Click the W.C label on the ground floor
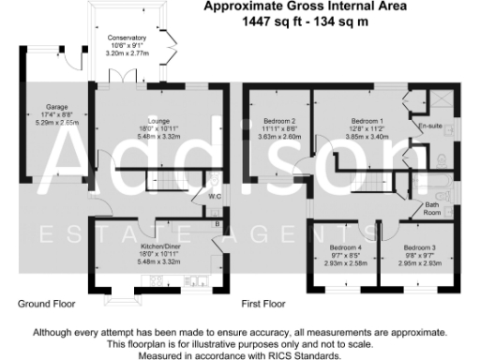215,197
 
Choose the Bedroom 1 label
367,121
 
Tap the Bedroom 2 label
280,121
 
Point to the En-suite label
429,125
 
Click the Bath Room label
432,208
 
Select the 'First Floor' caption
263,305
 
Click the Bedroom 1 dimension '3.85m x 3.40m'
367,137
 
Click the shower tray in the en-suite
436,101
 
